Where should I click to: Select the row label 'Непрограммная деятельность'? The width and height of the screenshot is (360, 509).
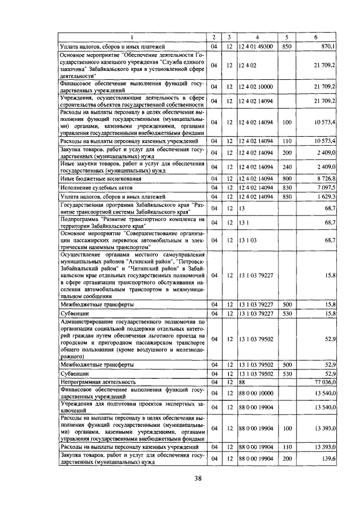[x=95, y=381]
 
